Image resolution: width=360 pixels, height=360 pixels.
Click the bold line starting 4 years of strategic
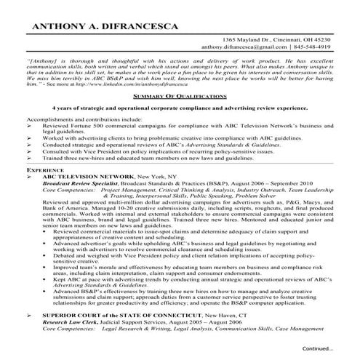(180, 108)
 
